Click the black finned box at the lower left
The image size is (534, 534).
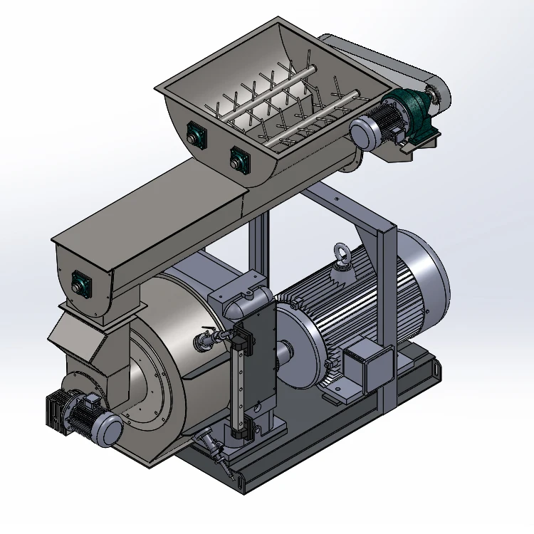(57, 411)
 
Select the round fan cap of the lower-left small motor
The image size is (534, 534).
(110, 430)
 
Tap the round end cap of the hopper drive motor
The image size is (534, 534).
(362, 132)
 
